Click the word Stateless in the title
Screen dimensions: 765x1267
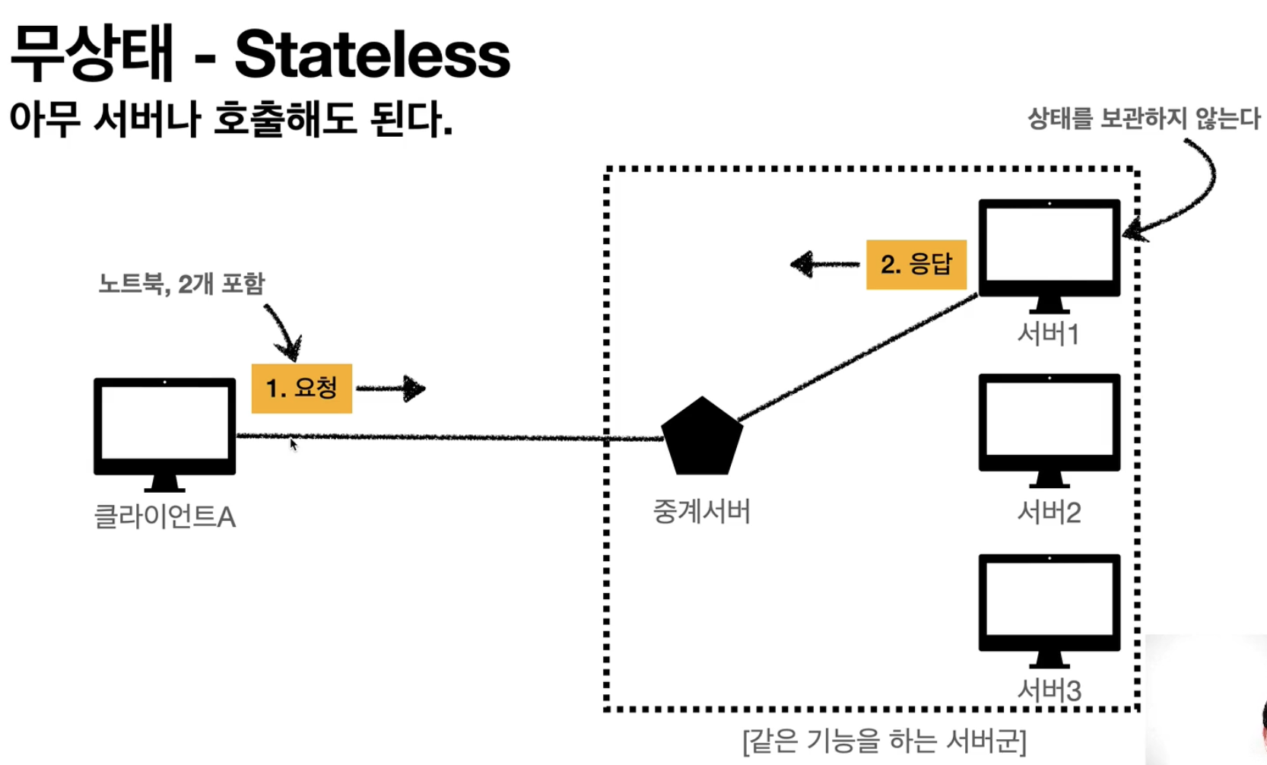pyautogui.click(x=372, y=55)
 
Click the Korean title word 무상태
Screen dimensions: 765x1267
pyautogui.click(x=92, y=53)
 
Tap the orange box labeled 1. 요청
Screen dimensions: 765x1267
pyautogui.click(x=301, y=389)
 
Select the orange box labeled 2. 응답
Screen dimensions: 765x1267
pyautogui.click(x=916, y=265)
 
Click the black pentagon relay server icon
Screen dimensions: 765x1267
pyautogui.click(x=701, y=439)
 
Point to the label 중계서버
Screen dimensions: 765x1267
pyautogui.click(x=701, y=511)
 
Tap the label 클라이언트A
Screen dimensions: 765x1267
pyautogui.click(x=164, y=517)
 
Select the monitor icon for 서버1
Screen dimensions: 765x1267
pyautogui.click(x=1049, y=252)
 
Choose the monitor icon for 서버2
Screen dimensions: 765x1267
pyautogui.click(x=1049, y=427)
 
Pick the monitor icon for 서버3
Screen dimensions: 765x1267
pyautogui.click(x=1049, y=607)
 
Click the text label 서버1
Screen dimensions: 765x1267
pyautogui.click(x=1049, y=334)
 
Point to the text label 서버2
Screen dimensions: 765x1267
pyautogui.click(x=1049, y=513)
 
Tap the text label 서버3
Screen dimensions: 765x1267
pyautogui.click(x=1049, y=690)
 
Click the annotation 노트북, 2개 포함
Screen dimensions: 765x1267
pyautogui.click(x=181, y=284)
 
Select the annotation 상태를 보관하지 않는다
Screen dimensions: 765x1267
pyautogui.click(x=1143, y=119)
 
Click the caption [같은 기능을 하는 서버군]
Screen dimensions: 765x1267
pyautogui.click(x=884, y=740)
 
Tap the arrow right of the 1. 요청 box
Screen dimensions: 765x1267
pyautogui.click(x=391, y=389)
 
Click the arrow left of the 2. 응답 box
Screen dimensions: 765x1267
pyautogui.click(x=824, y=265)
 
